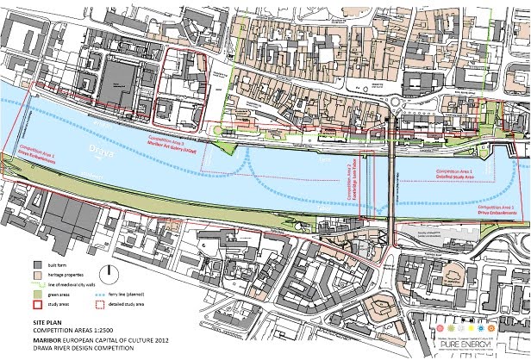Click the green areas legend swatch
[x=38, y=294]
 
